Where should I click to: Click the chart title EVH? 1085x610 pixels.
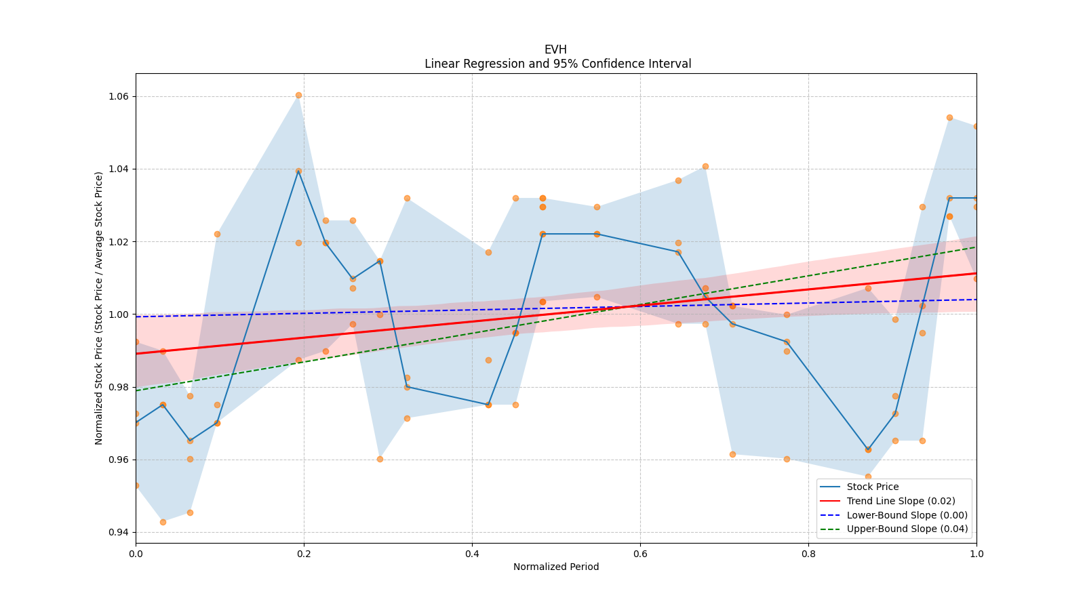(x=555, y=49)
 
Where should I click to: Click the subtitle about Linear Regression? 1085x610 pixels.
(x=557, y=64)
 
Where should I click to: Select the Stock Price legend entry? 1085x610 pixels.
(x=873, y=487)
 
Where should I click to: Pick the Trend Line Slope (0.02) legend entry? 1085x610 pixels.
(x=901, y=501)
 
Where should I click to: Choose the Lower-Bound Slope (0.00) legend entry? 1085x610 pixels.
(x=907, y=515)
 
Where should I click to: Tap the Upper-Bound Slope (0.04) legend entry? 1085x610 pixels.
(x=907, y=529)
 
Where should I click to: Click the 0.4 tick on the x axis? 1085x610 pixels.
(x=472, y=553)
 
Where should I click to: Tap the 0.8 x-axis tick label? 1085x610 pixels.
(x=808, y=553)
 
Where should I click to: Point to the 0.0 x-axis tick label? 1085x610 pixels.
(x=136, y=553)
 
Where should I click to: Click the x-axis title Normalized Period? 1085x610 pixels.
(x=556, y=567)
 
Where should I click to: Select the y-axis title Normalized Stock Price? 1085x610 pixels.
(x=99, y=308)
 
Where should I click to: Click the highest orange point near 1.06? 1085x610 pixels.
(x=298, y=96)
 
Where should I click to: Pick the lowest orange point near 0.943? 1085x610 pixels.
(x=163, y=522)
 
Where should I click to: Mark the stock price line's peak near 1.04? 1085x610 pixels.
(x=298, y=171)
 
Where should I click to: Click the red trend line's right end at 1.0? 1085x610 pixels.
(x=976, y=273)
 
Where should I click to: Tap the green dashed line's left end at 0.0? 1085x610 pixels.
(x=136, y=390)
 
